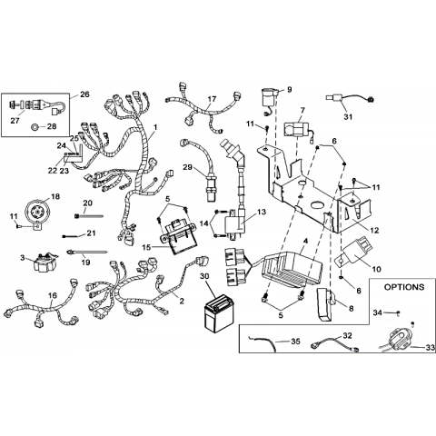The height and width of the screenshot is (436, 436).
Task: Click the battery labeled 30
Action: point(216,313)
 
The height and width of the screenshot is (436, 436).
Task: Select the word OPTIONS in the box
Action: point(404,287)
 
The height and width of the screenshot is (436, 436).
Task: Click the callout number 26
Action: point(84,94)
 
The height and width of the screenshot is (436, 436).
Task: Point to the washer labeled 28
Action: point(35,127)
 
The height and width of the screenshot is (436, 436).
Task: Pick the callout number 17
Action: point(212,99)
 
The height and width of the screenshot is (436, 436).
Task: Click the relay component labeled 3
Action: point(45,263)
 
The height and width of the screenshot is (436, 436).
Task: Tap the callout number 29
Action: point(188,167)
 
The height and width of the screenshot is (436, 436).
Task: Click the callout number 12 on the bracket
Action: point(374,231)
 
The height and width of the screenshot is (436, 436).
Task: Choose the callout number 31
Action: point(348,116)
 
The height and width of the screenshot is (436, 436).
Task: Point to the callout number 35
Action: point(295,342)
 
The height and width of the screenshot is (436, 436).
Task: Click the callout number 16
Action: point(53,295)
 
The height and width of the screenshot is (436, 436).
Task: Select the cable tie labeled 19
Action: point(87,252)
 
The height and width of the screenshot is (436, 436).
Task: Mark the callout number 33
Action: point(430,348)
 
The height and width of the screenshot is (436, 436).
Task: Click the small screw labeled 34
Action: point(399,312)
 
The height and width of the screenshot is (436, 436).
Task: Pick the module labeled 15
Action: point(179,235)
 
